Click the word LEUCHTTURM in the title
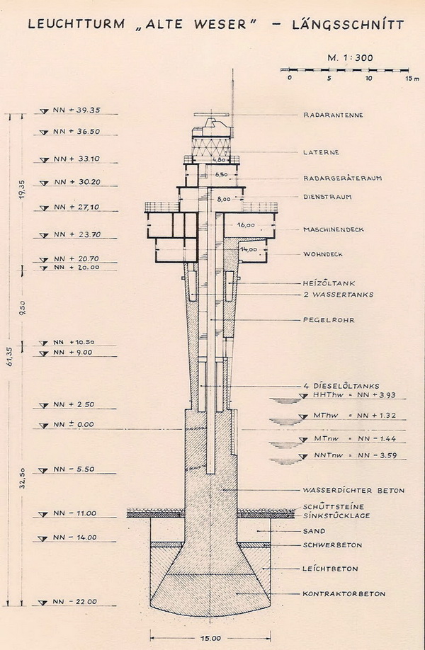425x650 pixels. [x=76, y=24]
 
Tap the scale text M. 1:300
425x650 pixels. [x=351, y=57]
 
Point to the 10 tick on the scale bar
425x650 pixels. [x=368, y=78]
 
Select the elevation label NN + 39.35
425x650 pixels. [x=76, y=110]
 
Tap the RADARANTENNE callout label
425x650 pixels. [x=333, y=115]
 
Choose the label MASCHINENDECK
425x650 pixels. [x=334, y=229]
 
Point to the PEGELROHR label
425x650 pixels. [x=329, y=320]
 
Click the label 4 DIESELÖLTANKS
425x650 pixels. [x=341, y=386]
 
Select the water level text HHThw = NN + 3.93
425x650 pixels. [x=355, y=395]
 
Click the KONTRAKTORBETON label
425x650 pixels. [x=344, y=593]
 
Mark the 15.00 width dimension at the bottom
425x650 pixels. [x=210, y=639]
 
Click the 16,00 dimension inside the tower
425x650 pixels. [x=246, y=225]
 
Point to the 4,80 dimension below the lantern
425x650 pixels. [x=218, y=159]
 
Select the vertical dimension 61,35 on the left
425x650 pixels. [x=11, y=355]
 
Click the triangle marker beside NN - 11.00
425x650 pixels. [x=43, y=515]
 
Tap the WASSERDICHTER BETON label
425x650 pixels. [x=353, y=491]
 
